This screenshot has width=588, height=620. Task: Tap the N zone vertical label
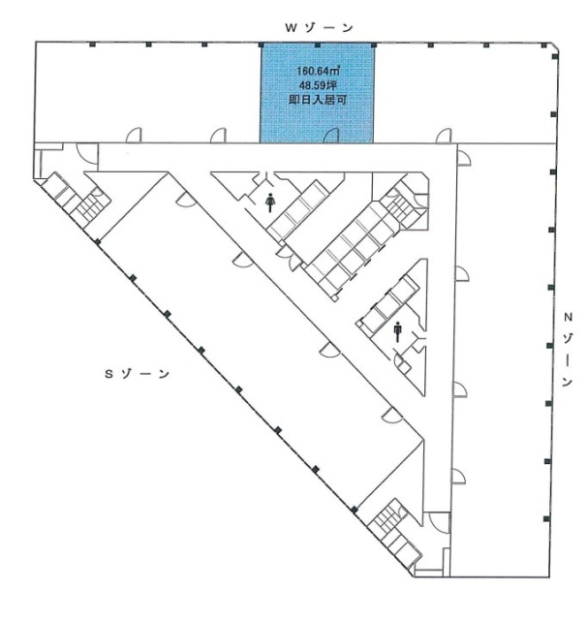click(569, 350)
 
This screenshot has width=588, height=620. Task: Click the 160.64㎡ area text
click(318, 71)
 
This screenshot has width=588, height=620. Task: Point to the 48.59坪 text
click(318, 85)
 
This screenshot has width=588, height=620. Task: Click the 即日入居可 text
click(318, 100)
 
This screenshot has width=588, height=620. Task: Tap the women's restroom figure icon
click(270, 201)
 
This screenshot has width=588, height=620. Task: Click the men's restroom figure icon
click(397, 331)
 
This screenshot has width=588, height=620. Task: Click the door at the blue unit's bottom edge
click(330, 136)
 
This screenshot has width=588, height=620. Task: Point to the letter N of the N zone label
click(569, 316)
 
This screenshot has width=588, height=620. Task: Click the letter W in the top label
click(289, 28)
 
